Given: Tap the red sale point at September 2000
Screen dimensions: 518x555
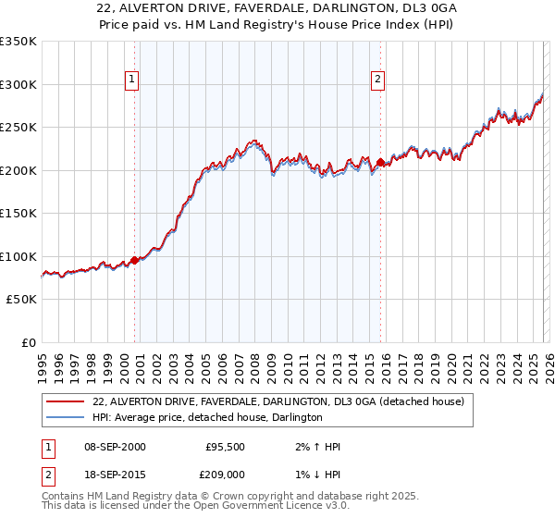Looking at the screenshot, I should click(135, 260).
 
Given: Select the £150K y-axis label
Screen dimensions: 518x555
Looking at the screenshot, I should click(18, 214).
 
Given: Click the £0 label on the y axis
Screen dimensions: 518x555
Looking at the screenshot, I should click(28, 342).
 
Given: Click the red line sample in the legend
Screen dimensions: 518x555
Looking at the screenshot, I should click(66, 401).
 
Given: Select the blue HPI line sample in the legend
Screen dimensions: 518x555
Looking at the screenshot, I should click(66, 417).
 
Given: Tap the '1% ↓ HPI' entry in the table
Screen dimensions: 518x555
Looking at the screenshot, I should click(314, 475).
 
